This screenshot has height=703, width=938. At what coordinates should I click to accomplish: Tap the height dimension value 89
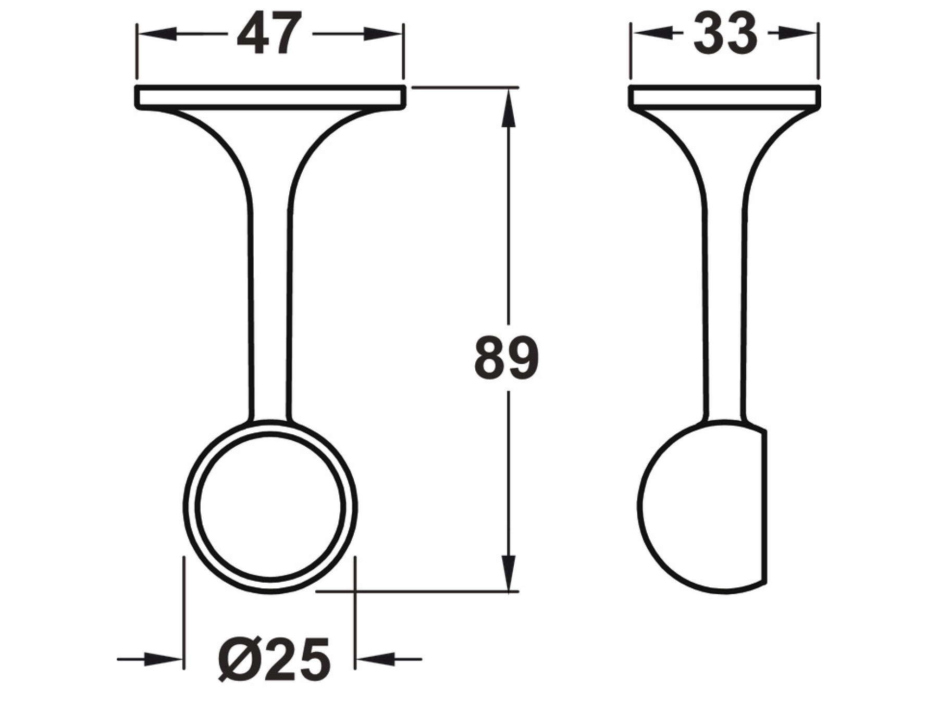pos(506,358)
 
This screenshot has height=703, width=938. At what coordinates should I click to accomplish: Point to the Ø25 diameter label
pos(275,659)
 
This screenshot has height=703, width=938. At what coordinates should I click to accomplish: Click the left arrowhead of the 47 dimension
pos(155,34)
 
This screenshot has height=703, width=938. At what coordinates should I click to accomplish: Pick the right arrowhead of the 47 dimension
pos(384,34)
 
